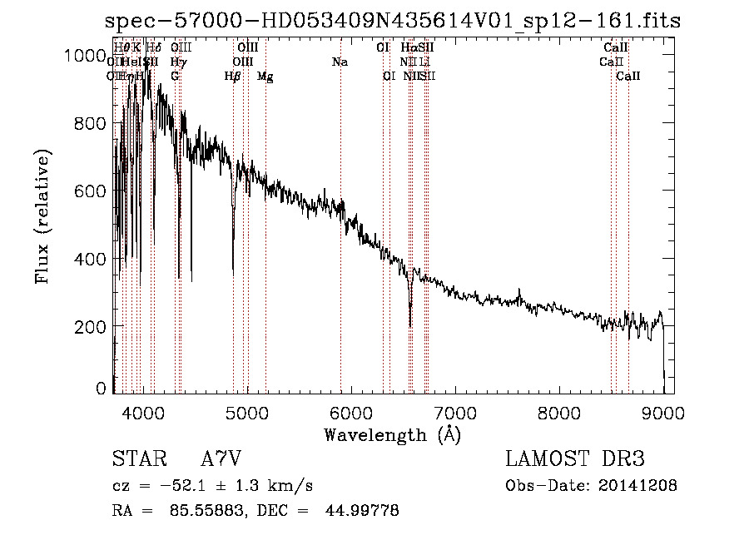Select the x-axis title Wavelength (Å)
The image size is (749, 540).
tap(392, 434)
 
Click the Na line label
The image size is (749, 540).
tap(340, 62)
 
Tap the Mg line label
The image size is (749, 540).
tap(265, 77)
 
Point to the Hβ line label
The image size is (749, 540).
tap(233, 77)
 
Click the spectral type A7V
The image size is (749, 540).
tap(221, 459)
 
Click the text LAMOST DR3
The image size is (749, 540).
tap(574, 459)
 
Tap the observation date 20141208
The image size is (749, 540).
tap(641, 486)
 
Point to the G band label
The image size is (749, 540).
tap(175, 77)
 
